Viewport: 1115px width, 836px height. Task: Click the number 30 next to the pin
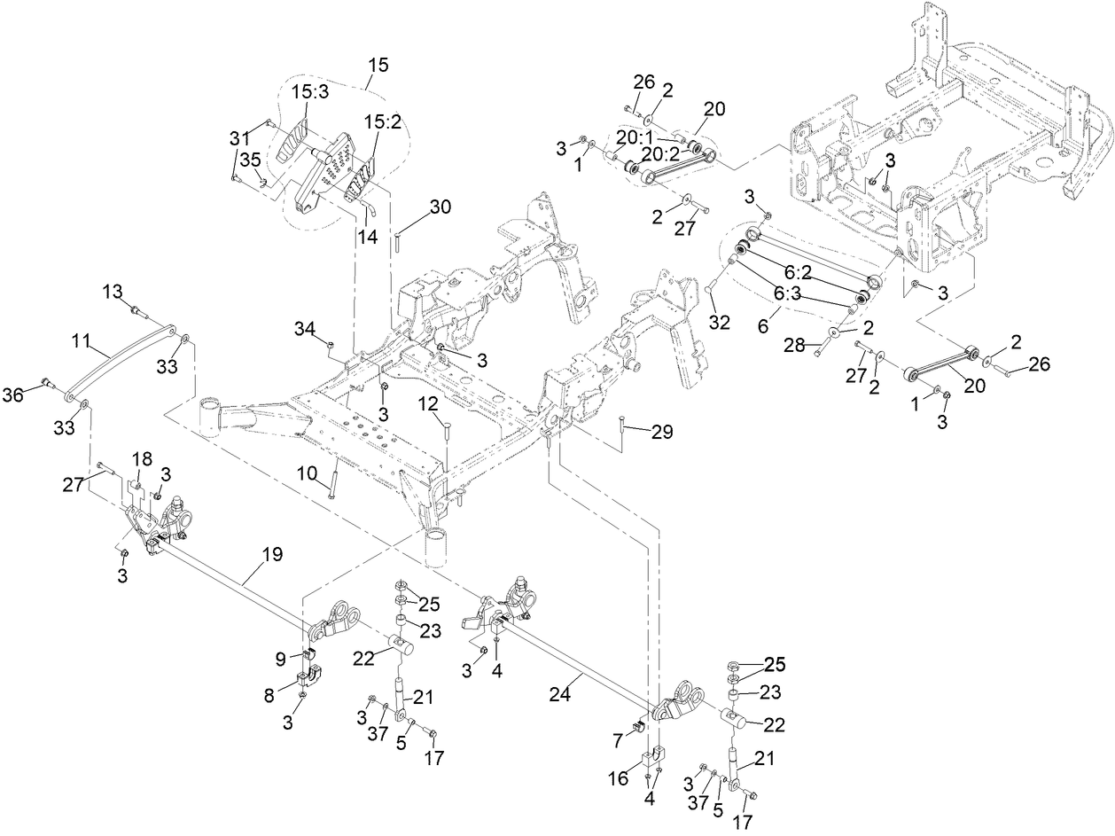coord(440,207)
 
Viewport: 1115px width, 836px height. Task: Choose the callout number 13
coord(113,292)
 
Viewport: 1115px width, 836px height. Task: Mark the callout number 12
coord(429,403)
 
